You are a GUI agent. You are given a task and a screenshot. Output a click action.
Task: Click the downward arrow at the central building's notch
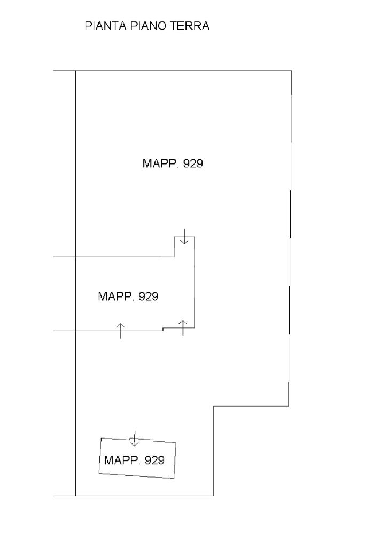click(184, 236)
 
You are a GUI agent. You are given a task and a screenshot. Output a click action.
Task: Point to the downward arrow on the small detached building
click(135, 439)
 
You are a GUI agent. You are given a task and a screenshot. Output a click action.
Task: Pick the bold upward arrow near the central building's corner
click(183, 327)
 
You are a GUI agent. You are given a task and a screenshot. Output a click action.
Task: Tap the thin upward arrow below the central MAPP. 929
click(120, 331)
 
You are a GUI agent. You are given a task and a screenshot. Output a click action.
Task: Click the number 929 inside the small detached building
click(154, 460)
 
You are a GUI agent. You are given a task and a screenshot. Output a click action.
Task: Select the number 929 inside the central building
click(148, 296)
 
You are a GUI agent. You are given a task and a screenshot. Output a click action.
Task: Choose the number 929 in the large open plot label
click(193, 164)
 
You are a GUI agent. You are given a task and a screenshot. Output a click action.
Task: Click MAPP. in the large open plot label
click(160, 164)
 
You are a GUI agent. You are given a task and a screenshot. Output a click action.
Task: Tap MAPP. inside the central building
click(116, 296)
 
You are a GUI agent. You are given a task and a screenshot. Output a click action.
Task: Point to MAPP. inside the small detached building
click(122, 460)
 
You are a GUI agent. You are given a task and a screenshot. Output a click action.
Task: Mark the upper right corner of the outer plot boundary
click(292, 71)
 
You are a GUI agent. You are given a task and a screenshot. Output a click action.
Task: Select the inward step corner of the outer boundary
click(214, 407)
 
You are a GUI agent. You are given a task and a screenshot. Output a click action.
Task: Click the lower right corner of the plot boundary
click(214, 496)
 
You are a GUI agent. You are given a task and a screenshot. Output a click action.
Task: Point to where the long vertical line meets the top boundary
click(75, 71)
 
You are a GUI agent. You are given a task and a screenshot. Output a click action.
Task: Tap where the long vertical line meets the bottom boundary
click(75, 496)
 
